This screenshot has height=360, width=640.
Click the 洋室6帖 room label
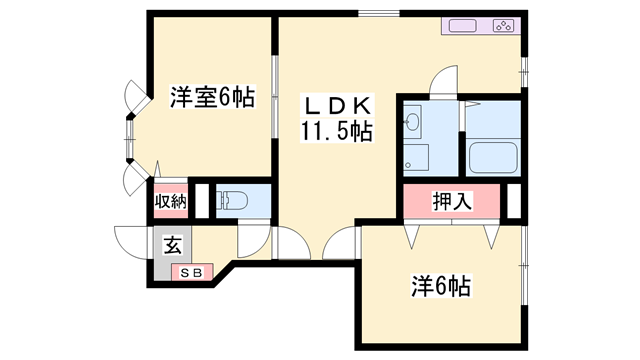point(211,98)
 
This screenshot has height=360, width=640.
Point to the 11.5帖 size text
point(336,131)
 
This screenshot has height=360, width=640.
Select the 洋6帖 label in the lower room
point(440,287)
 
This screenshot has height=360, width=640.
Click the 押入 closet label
point(453,201)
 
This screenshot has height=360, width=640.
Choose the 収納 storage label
point(170,201)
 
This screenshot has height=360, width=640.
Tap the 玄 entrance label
point(172,242)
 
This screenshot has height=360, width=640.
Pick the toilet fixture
point(231,201)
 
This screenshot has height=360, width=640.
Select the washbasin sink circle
point(412,124)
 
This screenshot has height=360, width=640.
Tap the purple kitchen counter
point(480,26)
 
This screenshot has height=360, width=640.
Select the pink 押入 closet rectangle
point(453,201)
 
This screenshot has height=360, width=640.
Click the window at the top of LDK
point(375,14)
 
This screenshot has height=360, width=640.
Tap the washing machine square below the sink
point(415,157)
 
